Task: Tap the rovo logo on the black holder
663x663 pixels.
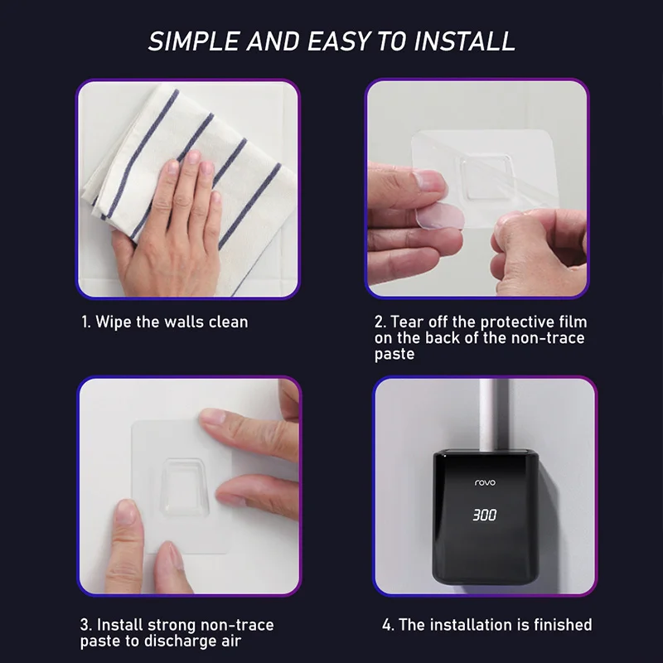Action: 485,482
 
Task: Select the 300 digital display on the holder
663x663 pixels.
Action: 485,515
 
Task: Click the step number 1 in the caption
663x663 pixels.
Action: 85,322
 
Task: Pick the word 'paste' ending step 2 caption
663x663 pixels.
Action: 394,354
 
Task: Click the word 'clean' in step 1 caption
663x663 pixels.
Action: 227,322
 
